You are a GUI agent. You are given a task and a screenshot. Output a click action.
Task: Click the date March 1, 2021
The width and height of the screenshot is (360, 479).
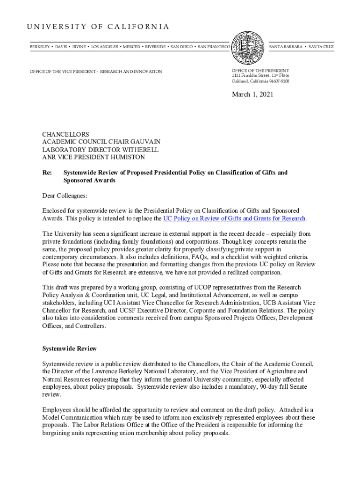coord(253,94)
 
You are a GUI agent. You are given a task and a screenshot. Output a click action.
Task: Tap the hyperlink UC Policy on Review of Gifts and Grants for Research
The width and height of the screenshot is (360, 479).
coord(234,218)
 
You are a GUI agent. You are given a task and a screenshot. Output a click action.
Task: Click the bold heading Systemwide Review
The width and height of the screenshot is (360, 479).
coord(69,348)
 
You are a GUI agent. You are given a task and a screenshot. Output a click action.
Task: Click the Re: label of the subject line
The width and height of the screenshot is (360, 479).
coord(47,173)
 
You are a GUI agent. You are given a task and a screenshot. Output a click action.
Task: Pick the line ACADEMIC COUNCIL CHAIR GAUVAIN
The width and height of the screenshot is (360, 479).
coord(101,142)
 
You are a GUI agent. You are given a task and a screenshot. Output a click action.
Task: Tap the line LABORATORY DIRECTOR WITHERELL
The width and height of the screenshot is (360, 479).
coord(101,150)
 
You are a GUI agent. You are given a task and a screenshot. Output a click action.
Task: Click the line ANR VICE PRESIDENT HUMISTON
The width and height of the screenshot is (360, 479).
coord(94,157)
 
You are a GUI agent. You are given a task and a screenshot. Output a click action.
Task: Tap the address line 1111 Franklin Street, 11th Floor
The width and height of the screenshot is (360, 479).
coord(260,75)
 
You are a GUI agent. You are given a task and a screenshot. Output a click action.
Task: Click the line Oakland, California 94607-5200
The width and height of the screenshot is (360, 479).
coord(260,81)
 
